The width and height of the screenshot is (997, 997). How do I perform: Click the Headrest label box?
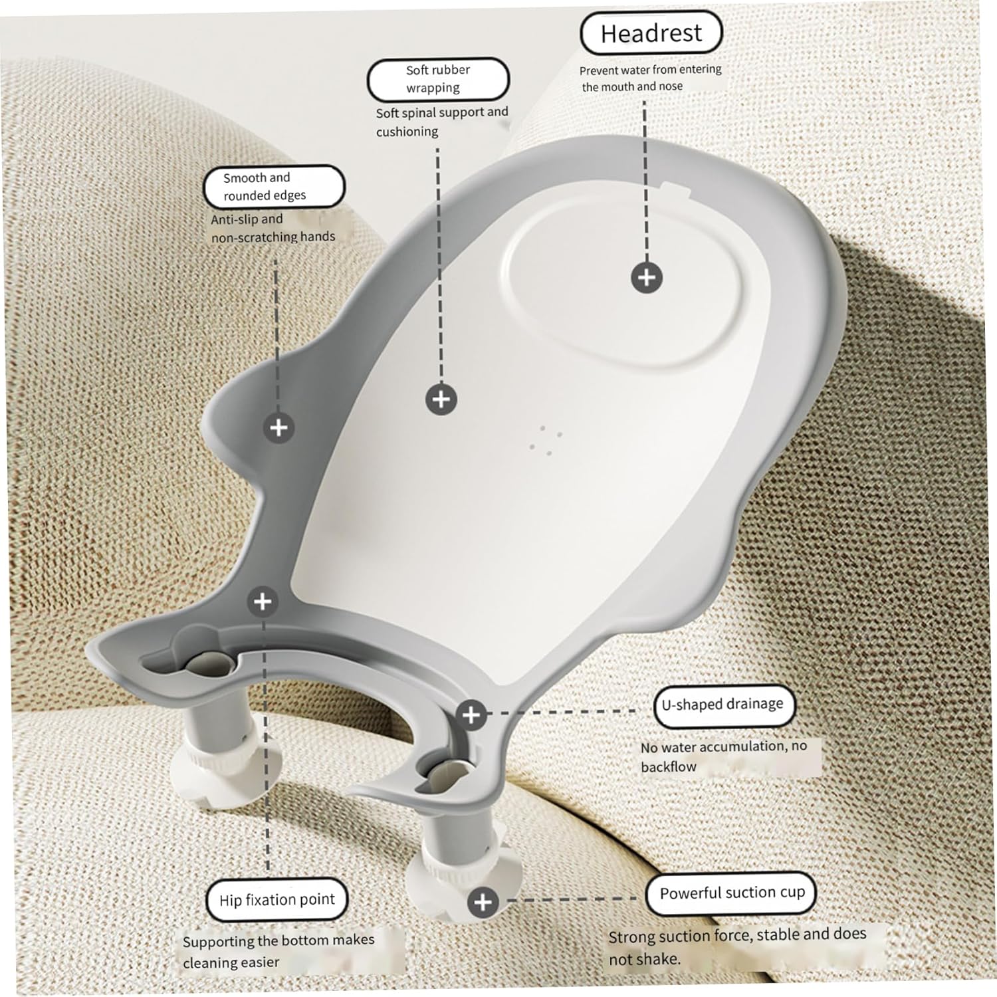click(x=651, y=33)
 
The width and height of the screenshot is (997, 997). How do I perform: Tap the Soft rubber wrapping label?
click(x=438, y=79)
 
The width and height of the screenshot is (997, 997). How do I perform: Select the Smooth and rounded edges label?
click(x=274, y=187)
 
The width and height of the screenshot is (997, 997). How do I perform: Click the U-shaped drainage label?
click(x=724, y=705)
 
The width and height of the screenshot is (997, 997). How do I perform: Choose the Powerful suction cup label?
click(x=731, y=893)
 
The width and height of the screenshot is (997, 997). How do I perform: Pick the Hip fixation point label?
click(x=277, y=900)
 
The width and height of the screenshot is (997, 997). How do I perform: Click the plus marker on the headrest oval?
click(x=647, y=277)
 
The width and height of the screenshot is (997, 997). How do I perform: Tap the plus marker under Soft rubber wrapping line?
click(x=441, y=399)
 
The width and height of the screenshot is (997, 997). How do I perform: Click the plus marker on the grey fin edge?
click(x=278, y=427)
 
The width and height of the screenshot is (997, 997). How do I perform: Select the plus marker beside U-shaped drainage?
click(x=472, y=715)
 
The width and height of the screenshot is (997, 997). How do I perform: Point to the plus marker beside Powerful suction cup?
click(x=483, y=902)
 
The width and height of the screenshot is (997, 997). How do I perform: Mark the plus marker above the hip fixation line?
click(x=263, y=602)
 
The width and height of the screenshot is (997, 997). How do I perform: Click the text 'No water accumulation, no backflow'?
click(x=724, y=756)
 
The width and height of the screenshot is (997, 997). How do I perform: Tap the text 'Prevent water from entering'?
click(x=650, y=70)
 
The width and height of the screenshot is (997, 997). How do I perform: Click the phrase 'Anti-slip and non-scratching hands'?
click(x=273, y=228)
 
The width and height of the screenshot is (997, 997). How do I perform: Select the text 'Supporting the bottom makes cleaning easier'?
click(x=278, y=951)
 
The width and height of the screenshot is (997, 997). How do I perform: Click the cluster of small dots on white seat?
click(x=546, y=441)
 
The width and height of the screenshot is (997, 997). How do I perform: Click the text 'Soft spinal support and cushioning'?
click(x=442, y=122)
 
